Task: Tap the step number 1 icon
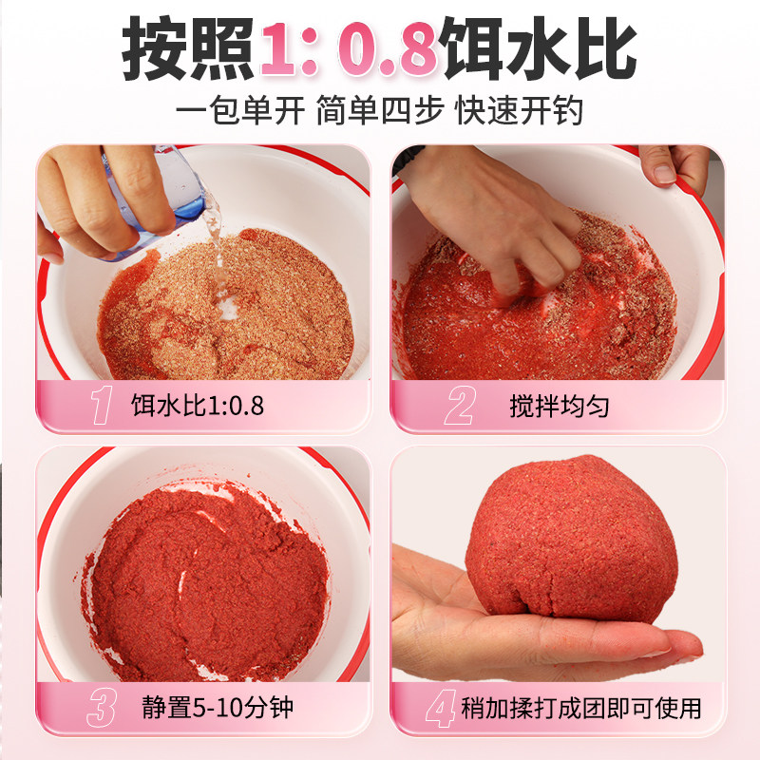click(102, 406)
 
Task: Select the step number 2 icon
click(459, 406)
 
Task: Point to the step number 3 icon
click(102, 708)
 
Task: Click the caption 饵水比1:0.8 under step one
click(197, 407)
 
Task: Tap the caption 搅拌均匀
click(559, 407)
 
